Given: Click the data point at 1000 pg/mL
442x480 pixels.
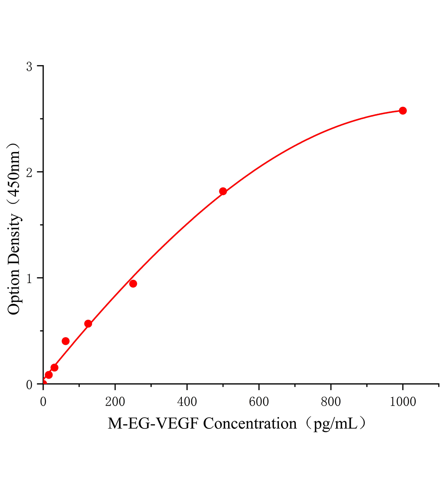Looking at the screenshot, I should click(403, 110).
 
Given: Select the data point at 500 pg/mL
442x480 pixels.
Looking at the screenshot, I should click(223, 191).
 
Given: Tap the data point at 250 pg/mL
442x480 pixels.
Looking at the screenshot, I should click(133, 284).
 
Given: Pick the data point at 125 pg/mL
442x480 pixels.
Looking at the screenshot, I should click(88, 324).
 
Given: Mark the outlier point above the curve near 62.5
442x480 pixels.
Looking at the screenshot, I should click(66, 341).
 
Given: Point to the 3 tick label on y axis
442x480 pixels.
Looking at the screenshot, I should click(29, 67).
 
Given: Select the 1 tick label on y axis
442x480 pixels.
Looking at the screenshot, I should click(29, 279).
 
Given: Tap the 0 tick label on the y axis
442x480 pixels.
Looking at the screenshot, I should click(29, 385).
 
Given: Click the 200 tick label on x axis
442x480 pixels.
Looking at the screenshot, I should click(115, 402).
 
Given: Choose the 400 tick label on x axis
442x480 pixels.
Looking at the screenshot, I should click(187, 402).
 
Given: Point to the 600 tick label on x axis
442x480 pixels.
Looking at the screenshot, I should click(259, 402).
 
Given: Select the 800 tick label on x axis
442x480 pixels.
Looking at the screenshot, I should click(331, 402).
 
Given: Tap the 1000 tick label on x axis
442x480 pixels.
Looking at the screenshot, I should click(403, 402).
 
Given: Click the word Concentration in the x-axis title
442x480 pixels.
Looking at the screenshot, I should click(250, 423).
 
